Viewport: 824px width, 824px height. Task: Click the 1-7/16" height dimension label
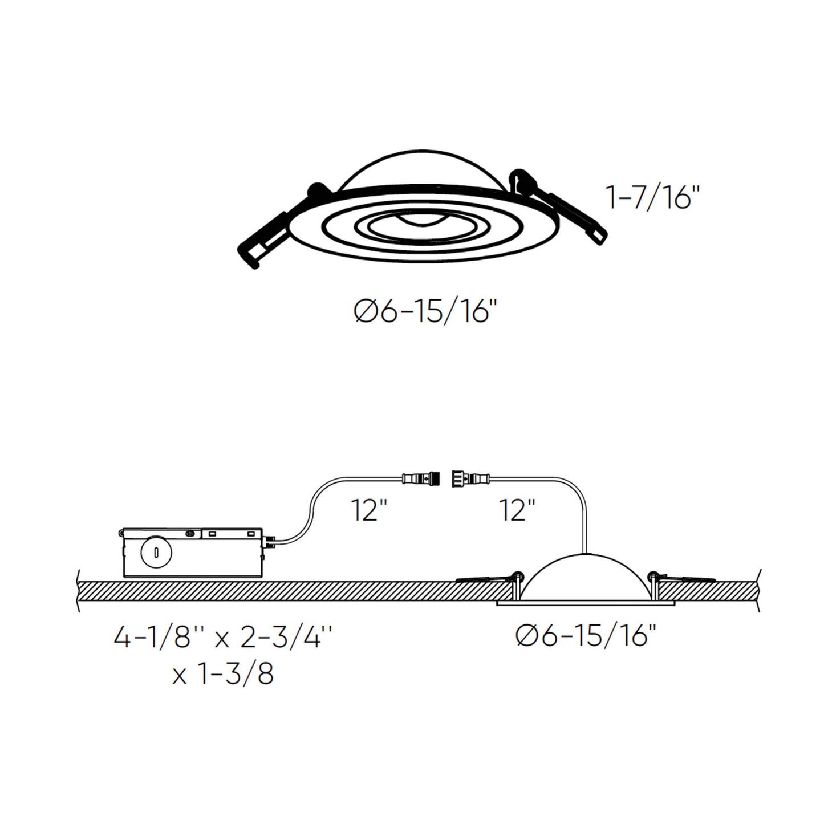click(652, 198)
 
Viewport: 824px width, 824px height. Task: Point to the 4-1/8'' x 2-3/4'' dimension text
click(222, 638)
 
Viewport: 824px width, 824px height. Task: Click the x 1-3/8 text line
click(222, 674)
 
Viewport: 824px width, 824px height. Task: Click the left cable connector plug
click(422, 477)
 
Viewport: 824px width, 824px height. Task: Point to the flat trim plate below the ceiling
click(586, 603)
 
